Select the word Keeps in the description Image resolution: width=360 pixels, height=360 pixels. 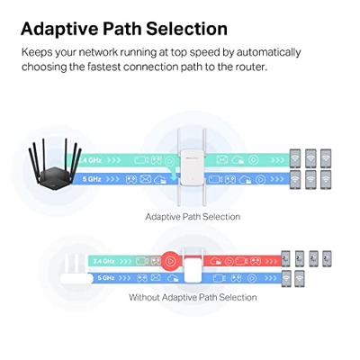tap(38, 51)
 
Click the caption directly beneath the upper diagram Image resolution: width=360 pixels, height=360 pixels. tap(193, 217)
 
